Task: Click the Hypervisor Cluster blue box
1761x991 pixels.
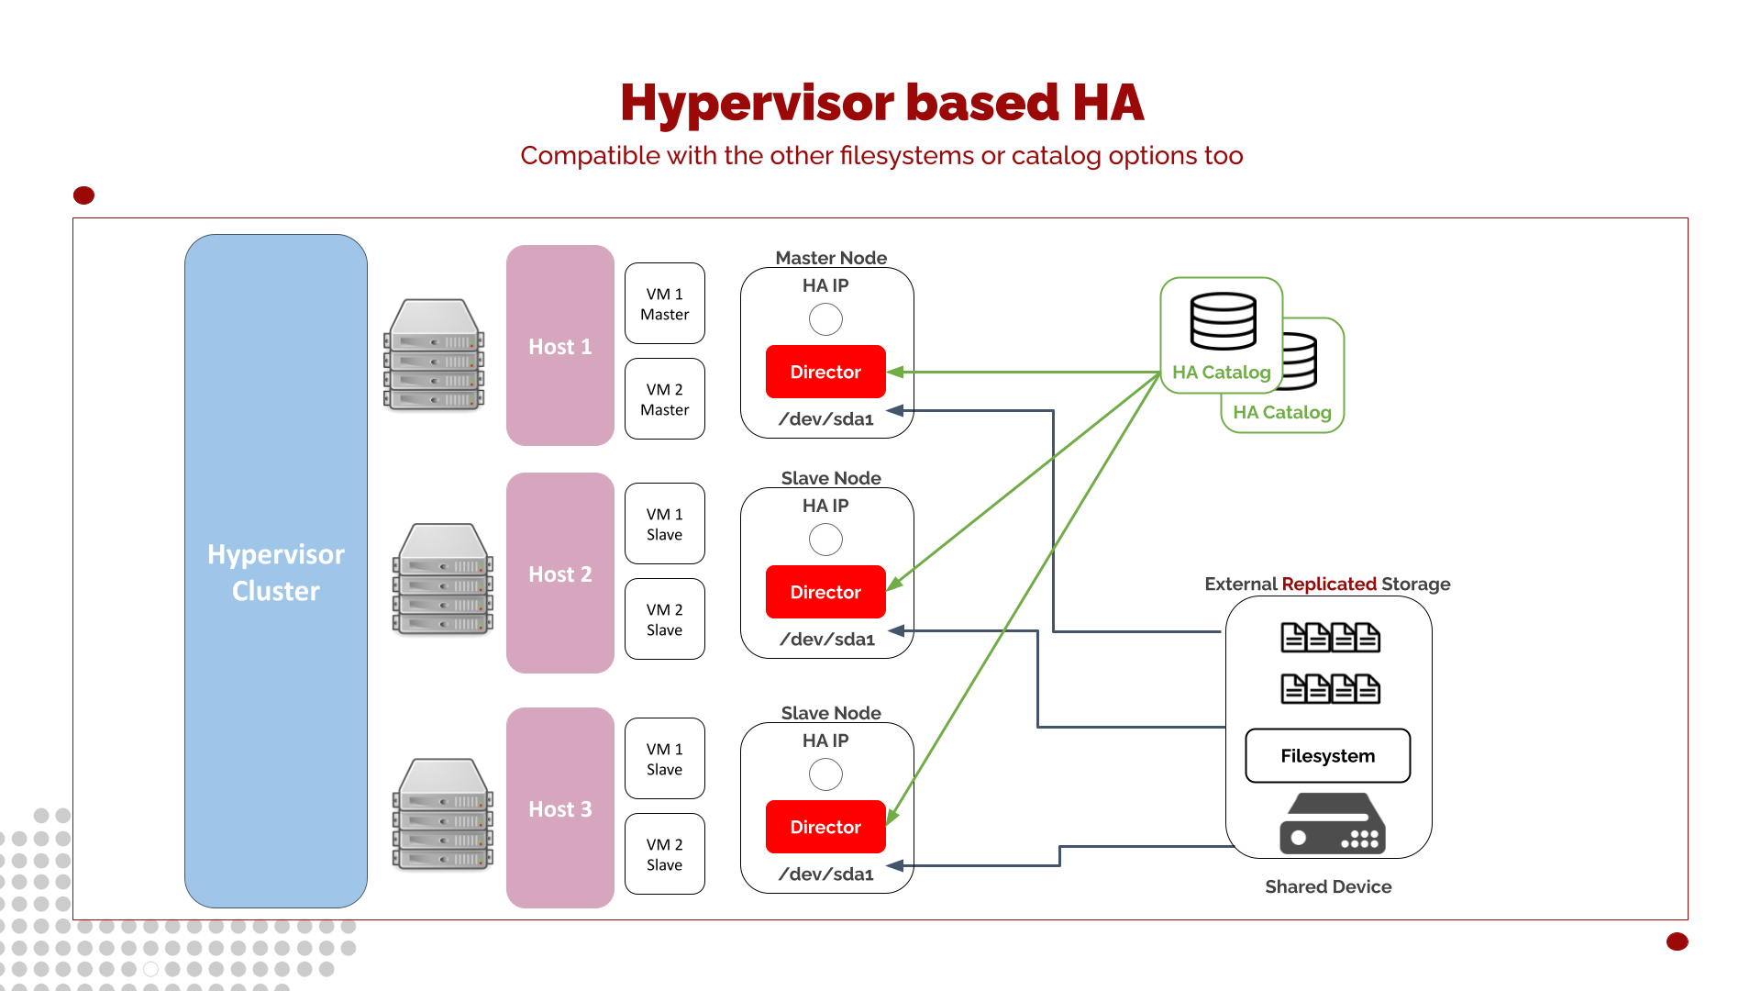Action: (x=275, y=571)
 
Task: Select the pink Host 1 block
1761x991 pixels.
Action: (x=559, y=346)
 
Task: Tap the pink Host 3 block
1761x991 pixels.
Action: (x=559, y=808)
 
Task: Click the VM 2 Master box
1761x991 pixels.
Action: (x=664, y=399)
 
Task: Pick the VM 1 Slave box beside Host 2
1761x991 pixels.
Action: (x=664, y=524)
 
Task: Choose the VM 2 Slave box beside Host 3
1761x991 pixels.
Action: (x=664, y=854)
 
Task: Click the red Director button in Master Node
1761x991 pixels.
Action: (x=825, y=372)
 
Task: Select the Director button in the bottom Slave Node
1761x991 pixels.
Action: (x=825, y=827)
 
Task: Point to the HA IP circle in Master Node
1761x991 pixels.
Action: (x=825, y=319)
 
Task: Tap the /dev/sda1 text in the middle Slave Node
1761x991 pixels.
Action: (x=826, y=639)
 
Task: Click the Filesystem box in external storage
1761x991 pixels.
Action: (x=1327, y=756)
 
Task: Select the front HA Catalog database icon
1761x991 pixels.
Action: (x=1223, y=321)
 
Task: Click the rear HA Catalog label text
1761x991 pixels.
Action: (x=1281, y=412)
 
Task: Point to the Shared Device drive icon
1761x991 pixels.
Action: (x=1332, y=824)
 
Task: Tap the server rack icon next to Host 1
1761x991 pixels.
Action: (x=434, y=354)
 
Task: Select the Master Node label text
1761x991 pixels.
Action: (x=831, y=258)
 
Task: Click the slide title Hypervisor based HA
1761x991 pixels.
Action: (x=881, y=102)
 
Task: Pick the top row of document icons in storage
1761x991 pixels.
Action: (x=1330, y=637)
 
